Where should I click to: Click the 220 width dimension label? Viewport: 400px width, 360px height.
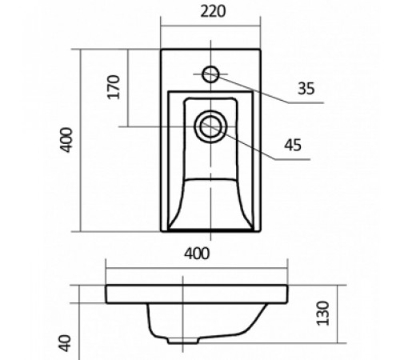[x=213, y=12]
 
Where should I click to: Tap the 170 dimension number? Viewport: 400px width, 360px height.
[x=114, y=87]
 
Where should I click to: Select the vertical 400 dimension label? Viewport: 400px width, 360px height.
[x=66, y=140]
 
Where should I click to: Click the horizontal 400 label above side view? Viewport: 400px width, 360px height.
[x=197, y=254]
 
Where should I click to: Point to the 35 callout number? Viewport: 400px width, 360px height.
[x=306, y=89]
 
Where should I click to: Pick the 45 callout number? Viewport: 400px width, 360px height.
[x=293, y=146]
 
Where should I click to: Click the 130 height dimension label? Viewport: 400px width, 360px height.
[x=323, y=314]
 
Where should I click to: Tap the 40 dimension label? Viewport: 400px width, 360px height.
[x=65, y=343]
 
